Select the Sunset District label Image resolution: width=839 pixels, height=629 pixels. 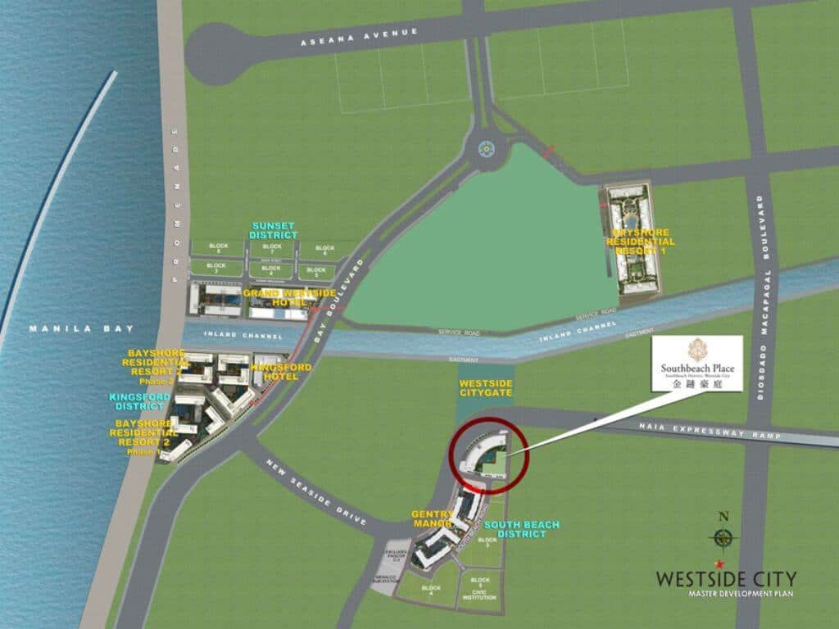[x=274, y=230]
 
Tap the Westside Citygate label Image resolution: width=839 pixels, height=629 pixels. [x=486, y=387]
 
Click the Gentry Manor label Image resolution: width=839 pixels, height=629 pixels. [x=432, y=518]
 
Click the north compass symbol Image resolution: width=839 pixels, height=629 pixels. [x=723, y=536]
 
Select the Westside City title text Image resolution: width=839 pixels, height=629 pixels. [x=725, y=578]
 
